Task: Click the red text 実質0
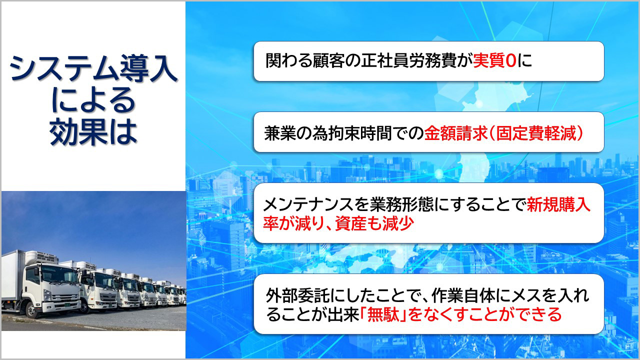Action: (494, 60)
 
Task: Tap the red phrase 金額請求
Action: (455, 133)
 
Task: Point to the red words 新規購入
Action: (558, 204)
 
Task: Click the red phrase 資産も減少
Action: (374, 223)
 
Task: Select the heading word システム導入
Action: (93, 68)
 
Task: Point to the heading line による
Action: (93, 100)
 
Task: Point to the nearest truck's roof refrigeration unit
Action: (41, 257)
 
